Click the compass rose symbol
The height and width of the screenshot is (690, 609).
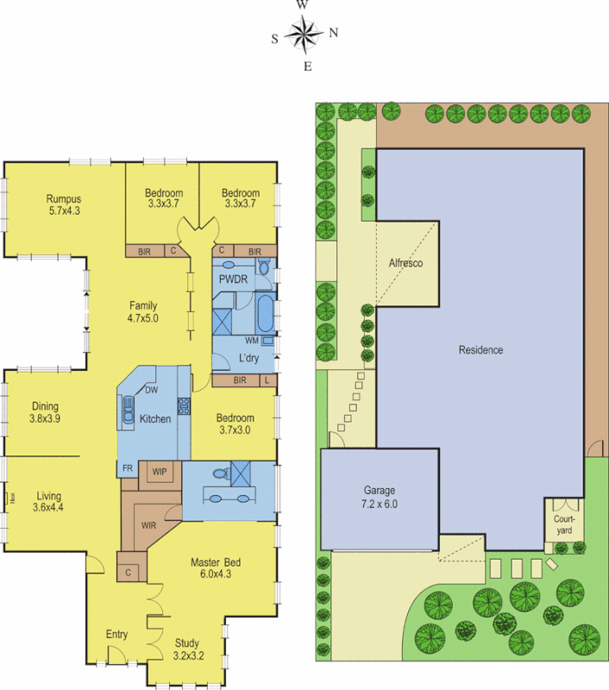pos(304,34)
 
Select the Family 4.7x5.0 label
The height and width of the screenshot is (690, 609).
pos(143,311)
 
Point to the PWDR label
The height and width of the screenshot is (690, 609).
pos(233,280)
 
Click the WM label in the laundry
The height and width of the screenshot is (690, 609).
pos(251,341)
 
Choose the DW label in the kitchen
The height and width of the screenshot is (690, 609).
pos(151,391)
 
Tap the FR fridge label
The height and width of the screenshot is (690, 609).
pos(127,468)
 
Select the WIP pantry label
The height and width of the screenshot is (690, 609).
pos(160,472)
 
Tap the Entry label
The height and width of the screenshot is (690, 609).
pos(117,635)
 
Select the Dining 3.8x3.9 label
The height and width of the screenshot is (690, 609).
pos(45,412)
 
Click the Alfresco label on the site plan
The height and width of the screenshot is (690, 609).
pos(405,262)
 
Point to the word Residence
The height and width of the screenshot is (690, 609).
pos(480,350)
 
